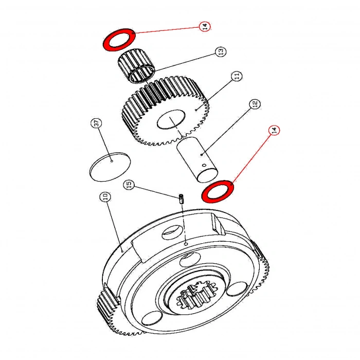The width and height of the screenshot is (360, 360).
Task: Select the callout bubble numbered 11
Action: tap(237, 76)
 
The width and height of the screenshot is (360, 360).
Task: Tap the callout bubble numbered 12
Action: tap(254, 105)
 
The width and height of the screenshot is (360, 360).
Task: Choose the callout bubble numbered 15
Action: tap(130, 184)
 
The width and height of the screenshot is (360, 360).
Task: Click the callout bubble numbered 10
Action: tap(104, 197)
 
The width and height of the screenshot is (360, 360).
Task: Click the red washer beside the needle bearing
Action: tap(119, 40)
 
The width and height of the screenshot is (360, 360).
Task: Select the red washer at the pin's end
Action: tap(219, 192)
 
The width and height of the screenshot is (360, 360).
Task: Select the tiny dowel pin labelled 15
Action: tap(182, 198)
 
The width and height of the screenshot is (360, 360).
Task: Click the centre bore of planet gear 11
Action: tap(170, 121)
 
